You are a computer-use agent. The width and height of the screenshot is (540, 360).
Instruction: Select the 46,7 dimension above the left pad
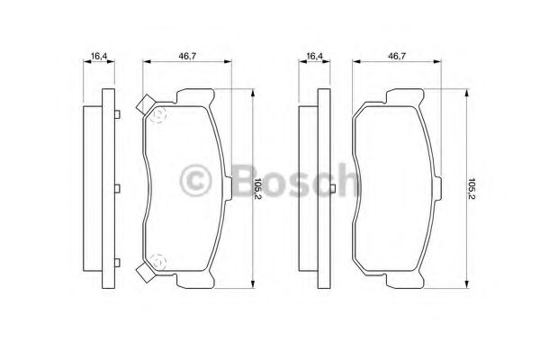click(187, 57)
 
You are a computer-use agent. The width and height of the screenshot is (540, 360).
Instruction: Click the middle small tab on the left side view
click(118, 189)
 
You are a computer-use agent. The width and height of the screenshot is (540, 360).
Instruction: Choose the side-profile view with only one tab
click(314, 189)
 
